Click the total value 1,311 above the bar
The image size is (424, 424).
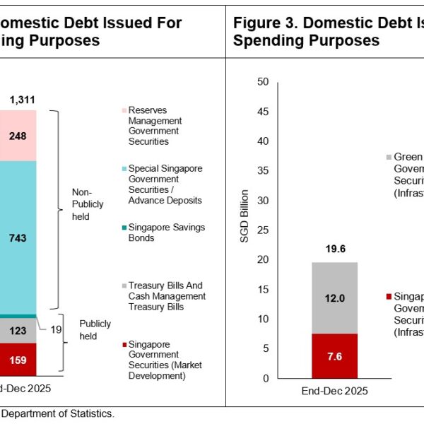[x=23, y=100]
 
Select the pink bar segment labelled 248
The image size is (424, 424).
[x=18, y=135]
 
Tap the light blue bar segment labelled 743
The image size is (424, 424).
[x=18, y=238]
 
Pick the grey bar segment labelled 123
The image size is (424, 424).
[x=18, y=330]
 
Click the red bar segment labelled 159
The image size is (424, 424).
[x=18, y=359]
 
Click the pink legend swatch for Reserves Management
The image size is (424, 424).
[x=124, y=110]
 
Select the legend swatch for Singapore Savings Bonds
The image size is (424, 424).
[x=124, y=227]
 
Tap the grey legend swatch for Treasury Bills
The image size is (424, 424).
[x=124, y=285]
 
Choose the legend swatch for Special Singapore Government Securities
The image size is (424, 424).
[x=124, y=169]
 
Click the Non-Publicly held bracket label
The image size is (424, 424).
[x=88, y=204]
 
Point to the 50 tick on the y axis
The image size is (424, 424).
[x=264, y=82]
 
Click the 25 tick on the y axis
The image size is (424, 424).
[x=264, y=230]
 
